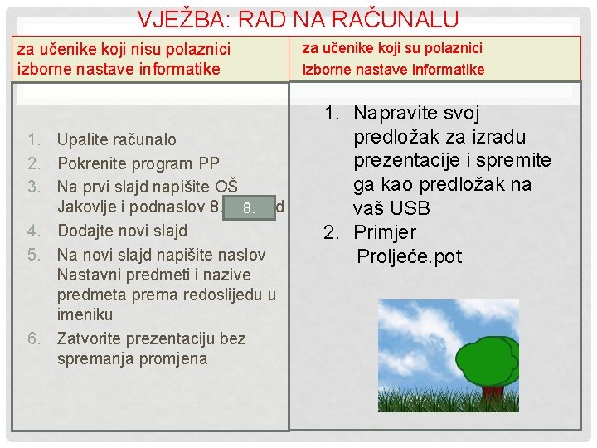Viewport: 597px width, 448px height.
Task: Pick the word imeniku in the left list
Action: click(x=85, y=314)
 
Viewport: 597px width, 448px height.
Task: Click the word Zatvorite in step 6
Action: click(x=91, y=338)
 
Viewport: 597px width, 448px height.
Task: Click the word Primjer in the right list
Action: click(x=385, y=232)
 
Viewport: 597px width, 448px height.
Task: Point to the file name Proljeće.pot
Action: click(x=409, y=256)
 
